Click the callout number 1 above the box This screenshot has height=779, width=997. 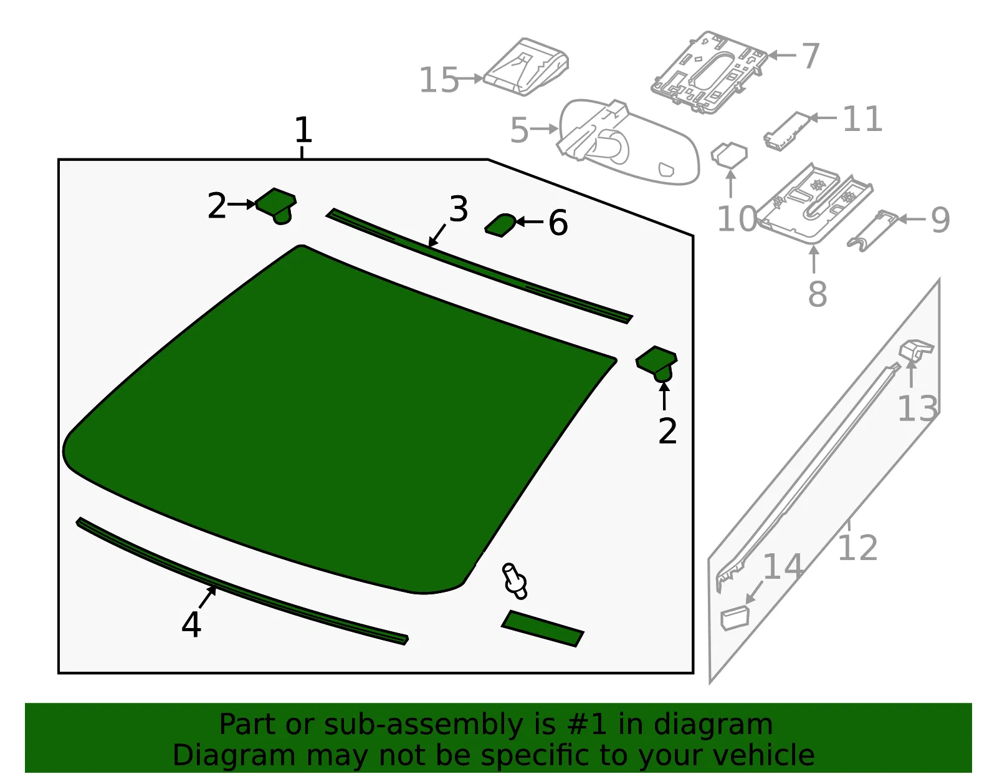[x=303, y=130]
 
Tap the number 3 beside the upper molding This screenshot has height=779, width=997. [x=459, y=209]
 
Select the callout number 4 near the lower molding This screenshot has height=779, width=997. [x=191, y=624]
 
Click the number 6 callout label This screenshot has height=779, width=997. [x=558, y=223]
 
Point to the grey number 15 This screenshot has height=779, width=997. [x=439, y=80]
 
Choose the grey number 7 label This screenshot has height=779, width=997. [x=810, y=56]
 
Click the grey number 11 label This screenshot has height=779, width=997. [x=862, y=119]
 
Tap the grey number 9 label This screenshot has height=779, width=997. [x=940, y=220]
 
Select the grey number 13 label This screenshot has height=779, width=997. [x=917, y=409]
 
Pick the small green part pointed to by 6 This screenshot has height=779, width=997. [x=500, y=225]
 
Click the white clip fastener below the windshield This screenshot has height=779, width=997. [x=515, y=581]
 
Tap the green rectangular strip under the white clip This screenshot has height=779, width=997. [x=543, y=629]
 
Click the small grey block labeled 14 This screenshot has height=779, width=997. [x=735, y=617]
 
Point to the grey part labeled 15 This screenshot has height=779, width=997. [x=526, y=67]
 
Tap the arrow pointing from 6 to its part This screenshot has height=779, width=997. [x=530, y=222]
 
